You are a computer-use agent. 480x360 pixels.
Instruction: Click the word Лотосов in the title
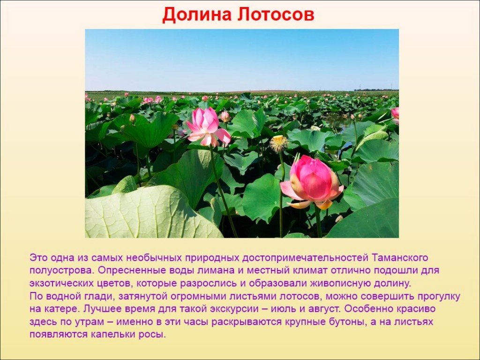coord(276,15)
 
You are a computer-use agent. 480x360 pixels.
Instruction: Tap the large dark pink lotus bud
coord(312,182)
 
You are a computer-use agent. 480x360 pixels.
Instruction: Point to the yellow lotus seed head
coord(278,143)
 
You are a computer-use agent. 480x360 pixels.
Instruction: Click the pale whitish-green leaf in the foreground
coord(147,213)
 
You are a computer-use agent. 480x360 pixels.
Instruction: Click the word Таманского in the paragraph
coord(400,257)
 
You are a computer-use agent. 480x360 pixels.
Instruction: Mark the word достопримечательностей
coord(305,258)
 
